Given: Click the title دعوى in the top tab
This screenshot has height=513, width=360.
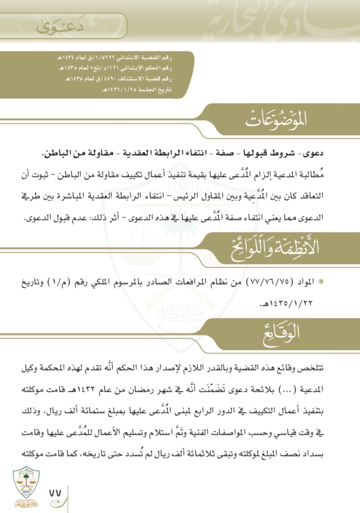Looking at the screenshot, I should click(50, 27).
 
